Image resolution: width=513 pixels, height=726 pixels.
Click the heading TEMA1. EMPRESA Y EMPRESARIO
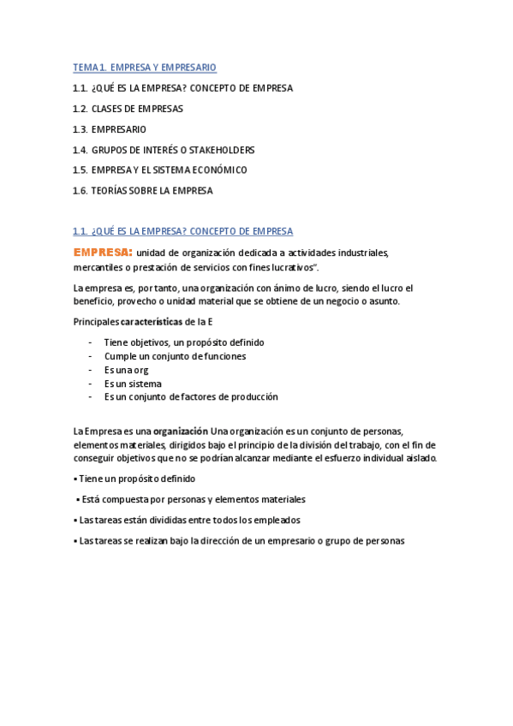pos(145,67)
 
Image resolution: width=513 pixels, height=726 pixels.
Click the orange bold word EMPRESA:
pos(103,252)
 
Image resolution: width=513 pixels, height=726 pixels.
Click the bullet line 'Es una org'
pos(126,370)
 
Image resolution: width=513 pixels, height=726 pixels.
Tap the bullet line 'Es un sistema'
pos(133,384)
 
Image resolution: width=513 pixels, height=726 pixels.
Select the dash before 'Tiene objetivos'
pos(90,342)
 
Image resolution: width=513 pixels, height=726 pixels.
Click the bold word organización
pos(180,431)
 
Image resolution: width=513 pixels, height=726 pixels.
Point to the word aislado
pos(420,458)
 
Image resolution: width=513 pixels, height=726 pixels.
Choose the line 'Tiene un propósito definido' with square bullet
pos(137,479)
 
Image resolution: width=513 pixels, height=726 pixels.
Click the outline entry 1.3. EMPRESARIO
pos(110,129)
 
